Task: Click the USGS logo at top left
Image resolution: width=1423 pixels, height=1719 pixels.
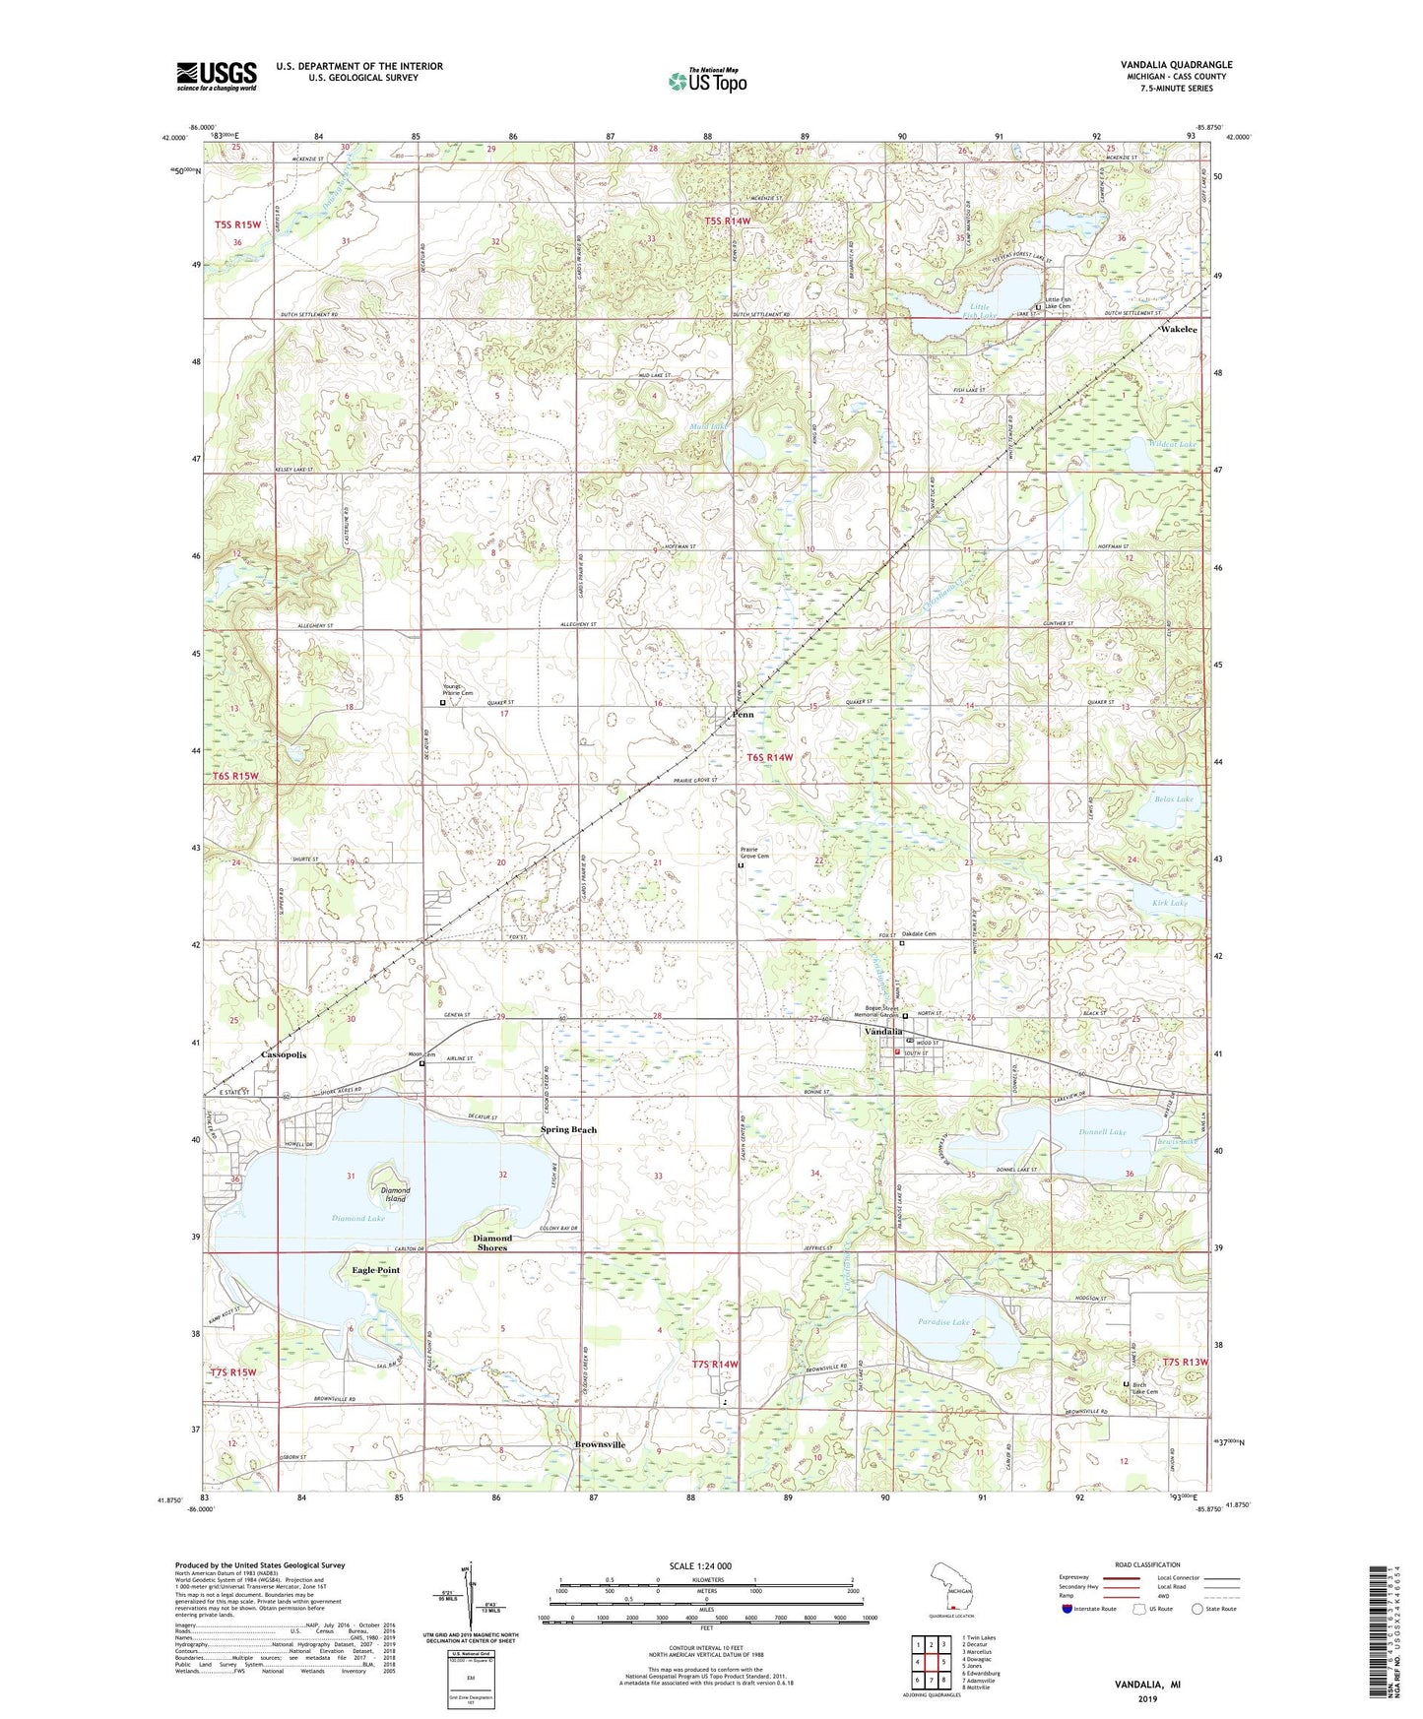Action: coord(217,75)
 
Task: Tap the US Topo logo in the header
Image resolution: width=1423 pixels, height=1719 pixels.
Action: coord(707,82)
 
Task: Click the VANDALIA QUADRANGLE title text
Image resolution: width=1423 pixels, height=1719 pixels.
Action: coord(1176,65)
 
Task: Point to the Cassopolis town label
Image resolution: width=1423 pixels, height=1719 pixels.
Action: coord(285,1054)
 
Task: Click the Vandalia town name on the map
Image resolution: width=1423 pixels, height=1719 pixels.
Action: coord(883,1031)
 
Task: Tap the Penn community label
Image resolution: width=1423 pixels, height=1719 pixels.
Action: coord(743,714)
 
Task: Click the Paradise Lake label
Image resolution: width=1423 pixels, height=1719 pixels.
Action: coord(942,1322)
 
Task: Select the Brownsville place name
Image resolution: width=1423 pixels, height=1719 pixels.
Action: coord(600,1444)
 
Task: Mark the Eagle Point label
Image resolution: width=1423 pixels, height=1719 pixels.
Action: coord(376,1270)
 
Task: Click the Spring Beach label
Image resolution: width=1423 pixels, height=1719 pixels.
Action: coord(568,1129)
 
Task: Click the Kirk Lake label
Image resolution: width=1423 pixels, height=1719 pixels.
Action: coord(1170,902)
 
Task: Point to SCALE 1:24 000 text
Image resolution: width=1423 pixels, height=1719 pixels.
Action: coord(699,1565)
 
